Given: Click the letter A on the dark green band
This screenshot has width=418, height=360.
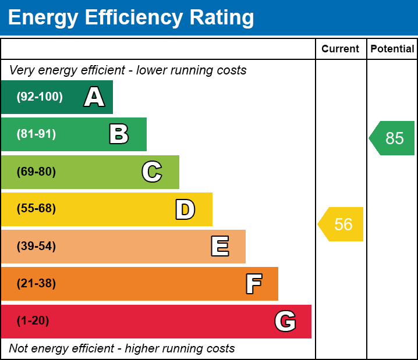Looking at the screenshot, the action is click(94, 97).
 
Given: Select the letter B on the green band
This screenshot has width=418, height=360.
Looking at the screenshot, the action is click(119, 134).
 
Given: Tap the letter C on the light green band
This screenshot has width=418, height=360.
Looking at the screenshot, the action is click(152, 172).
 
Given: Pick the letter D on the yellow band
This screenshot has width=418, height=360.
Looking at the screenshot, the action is click(185, 209).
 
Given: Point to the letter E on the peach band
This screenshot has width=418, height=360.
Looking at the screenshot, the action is click(220, 246).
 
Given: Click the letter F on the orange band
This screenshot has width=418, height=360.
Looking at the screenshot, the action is click(254, 284).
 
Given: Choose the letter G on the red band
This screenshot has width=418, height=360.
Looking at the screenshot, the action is click(285, 321).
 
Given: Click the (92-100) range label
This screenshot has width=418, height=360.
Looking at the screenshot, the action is click(40, 97).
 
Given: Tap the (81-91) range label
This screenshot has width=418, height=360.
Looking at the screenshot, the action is click(36, 134).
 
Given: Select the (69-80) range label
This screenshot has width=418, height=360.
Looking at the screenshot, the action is click(36, 172).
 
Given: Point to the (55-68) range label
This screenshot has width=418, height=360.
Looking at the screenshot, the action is click(36, 208).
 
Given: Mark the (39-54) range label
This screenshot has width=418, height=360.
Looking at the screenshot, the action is click(36, 246).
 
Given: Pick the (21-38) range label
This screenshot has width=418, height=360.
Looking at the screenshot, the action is click(36, 283).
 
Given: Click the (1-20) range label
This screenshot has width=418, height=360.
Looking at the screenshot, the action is click(33, 320).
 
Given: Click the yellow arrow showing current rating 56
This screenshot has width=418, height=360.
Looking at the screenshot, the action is click(341, 224).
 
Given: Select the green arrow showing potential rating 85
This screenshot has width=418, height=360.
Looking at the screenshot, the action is click(392, 138).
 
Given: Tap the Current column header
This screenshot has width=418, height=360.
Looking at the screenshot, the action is click(340, 49).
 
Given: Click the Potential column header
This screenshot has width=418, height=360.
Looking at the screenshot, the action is click(392, 49).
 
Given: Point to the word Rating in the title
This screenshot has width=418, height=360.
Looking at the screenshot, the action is click(222, 18).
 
